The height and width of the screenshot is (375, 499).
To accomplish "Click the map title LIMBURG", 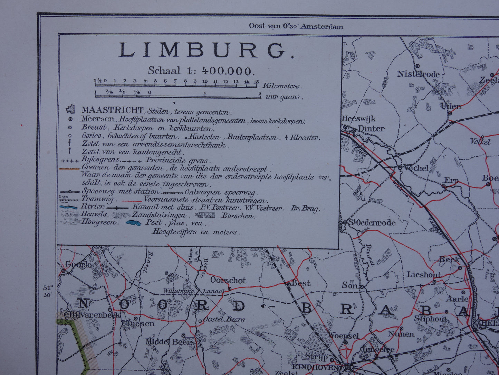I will pos(207,51).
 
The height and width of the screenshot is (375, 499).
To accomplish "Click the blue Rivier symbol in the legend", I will pos(69,207).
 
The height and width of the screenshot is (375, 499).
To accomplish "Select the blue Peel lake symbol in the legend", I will pos(133,223).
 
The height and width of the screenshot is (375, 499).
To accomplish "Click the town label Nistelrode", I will pos(418,74).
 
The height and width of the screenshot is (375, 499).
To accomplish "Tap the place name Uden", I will pos(451,106).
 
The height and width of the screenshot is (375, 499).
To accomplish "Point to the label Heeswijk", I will pos(358,119).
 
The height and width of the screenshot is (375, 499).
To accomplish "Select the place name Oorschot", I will pos(228,280).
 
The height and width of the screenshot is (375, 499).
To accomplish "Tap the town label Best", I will pos(301,283).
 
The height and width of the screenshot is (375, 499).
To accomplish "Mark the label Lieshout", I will pos(424,275).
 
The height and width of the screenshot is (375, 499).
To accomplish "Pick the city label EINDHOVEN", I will pos(315,367).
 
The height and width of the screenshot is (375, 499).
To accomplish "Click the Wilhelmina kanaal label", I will pos(194,291).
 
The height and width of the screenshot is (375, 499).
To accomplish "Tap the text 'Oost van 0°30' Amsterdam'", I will pos(296,26).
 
